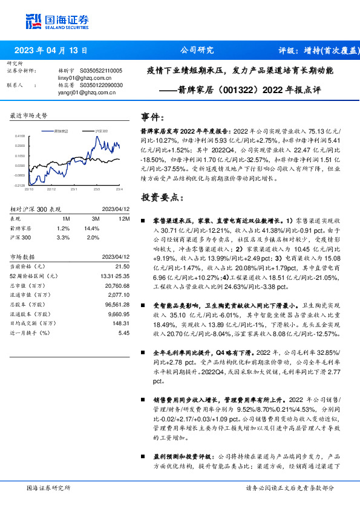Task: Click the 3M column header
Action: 95,218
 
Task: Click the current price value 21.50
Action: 123,267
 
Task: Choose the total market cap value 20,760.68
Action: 117,285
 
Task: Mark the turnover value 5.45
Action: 124,332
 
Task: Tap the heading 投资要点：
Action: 160,197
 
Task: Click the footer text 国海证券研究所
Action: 49,488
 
